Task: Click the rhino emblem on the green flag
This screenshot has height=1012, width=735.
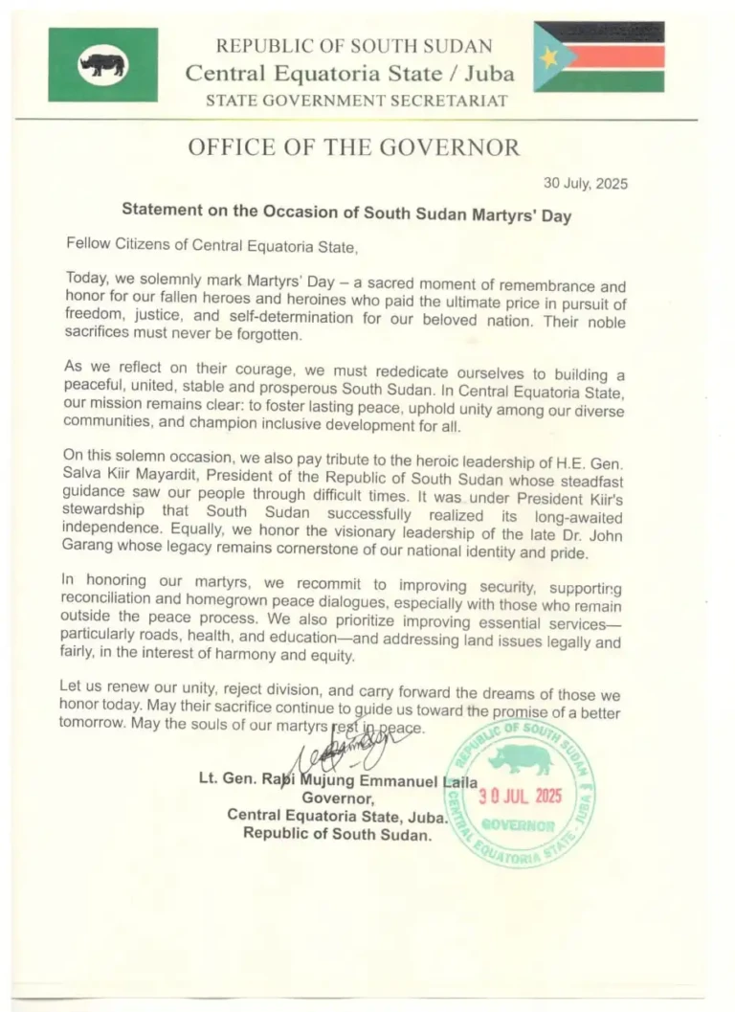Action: click(103, 65)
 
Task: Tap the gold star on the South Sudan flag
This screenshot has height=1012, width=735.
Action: click(548, 57)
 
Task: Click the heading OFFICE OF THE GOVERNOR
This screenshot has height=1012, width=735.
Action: click(354, 147)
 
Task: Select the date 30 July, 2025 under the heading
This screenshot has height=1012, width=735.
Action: click(586, 184)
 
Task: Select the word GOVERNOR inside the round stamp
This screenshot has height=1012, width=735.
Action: click(518, 824)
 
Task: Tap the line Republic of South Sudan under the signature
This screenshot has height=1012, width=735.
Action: click(337, 833)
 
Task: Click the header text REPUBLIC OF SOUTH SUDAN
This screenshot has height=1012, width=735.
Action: click(354, 45)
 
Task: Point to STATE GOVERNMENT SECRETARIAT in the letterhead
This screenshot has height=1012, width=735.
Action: click(356, 100)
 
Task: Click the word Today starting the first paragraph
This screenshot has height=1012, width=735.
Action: click(85, 279)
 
